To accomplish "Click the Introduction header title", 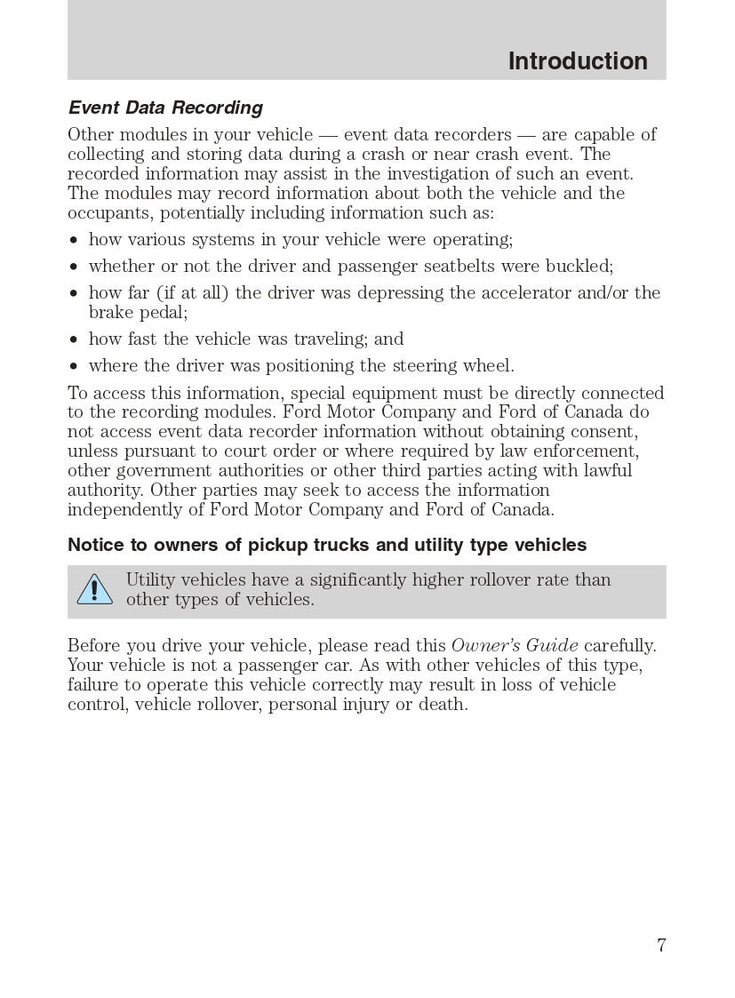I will point(578,61).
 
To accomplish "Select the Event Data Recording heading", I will point(165,108).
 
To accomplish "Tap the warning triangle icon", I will point(94,589).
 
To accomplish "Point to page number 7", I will point(661,946).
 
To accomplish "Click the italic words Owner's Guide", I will point(515,646).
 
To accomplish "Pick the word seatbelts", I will point(460,267).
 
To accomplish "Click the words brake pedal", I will point(138,313).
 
